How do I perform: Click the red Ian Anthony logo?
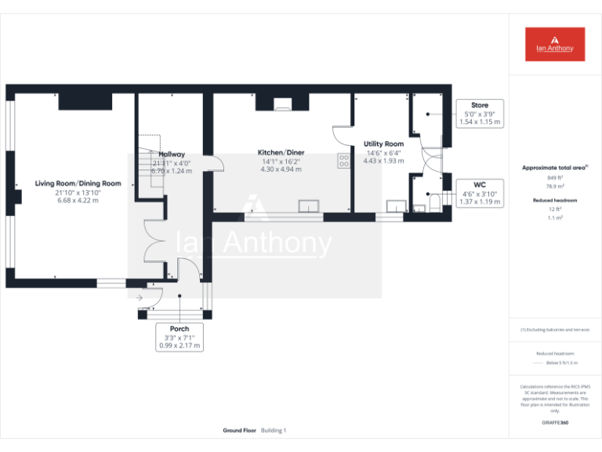pos(555,44)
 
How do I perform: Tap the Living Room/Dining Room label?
pos(78,184)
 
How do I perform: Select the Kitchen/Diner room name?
pos(281,152)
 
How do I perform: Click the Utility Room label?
pos(383,144)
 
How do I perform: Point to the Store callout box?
pos(479,114)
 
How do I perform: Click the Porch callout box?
pos(180,337)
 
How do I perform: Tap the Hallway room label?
pos(169,155)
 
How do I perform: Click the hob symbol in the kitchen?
pos(343,160)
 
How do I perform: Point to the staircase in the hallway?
pos(150,165)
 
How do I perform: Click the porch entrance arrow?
pos(140,297)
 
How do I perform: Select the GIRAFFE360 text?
pos(555,423)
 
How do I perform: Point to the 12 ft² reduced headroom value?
pos(555,210)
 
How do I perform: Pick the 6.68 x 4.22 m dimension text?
pos(78,201)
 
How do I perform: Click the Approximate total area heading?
pos(554,168)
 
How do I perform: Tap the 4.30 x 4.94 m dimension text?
pos(281,169)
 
